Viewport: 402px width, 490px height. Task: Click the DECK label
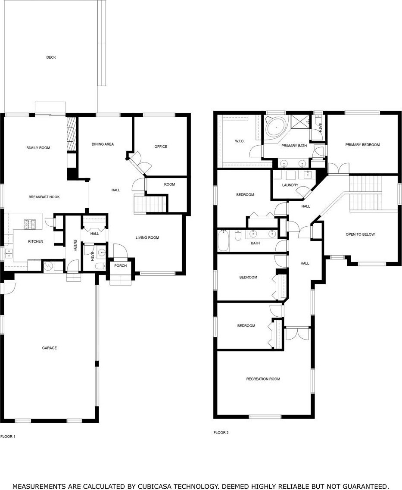[51, 57]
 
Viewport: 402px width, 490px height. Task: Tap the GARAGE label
[50, 348]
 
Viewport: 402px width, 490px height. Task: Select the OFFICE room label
[161, 147]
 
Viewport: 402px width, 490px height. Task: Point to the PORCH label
[121, 265]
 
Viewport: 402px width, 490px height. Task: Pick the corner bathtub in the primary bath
[275, 128]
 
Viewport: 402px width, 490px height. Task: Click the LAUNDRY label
[290, 185]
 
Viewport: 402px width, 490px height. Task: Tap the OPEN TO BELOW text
[360, 234]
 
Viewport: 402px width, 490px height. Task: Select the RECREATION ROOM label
[263, 379]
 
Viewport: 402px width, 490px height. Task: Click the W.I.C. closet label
[240, 141]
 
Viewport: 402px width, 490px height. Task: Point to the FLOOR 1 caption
[8, 437]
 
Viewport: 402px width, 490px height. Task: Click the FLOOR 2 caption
[221, 433]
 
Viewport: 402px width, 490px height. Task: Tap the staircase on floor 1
[150, 204]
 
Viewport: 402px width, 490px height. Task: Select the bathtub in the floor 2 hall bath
[224, 240]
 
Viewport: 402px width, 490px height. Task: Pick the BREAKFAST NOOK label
[44, 197]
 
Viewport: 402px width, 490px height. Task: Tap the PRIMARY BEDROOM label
[362, 145]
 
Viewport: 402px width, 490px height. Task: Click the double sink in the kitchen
[9, 253]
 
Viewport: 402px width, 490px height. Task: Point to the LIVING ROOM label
[147, 237]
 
